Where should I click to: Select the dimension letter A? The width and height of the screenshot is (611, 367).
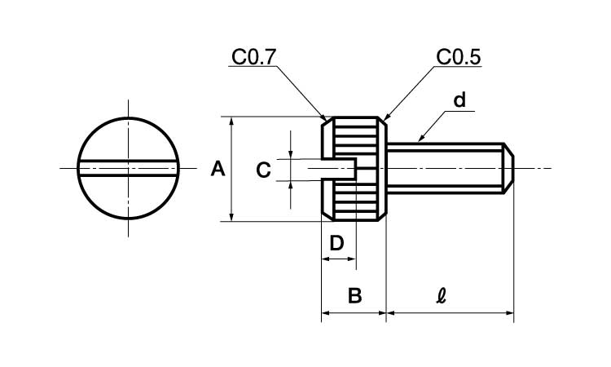[x=218, y=169]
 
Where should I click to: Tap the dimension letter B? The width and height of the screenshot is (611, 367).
[x=354, y=295]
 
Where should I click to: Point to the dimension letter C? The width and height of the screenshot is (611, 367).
[x=263, y=170]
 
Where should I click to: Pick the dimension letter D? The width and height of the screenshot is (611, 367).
[x=336, y=242]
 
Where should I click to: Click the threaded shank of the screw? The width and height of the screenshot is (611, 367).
[x=444, y=169]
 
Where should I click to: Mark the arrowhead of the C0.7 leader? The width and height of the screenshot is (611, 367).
[x=323, y=119]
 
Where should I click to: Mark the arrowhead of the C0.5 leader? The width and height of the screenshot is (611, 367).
[x=384, y=119]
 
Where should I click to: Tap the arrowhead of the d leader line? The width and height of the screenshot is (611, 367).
[x=418, y=141]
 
